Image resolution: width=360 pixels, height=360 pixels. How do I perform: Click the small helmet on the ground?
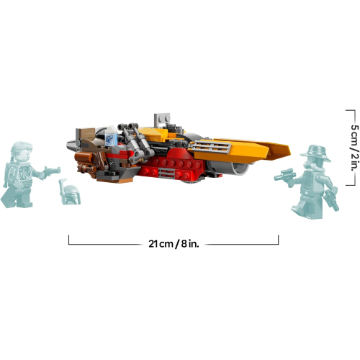[x=69, y=193]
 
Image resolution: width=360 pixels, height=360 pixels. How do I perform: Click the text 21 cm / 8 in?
[x=174, y=243]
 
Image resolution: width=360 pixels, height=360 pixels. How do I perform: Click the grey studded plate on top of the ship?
[x=161, y=117]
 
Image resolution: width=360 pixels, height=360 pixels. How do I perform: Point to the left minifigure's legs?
[x=16, y=196]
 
